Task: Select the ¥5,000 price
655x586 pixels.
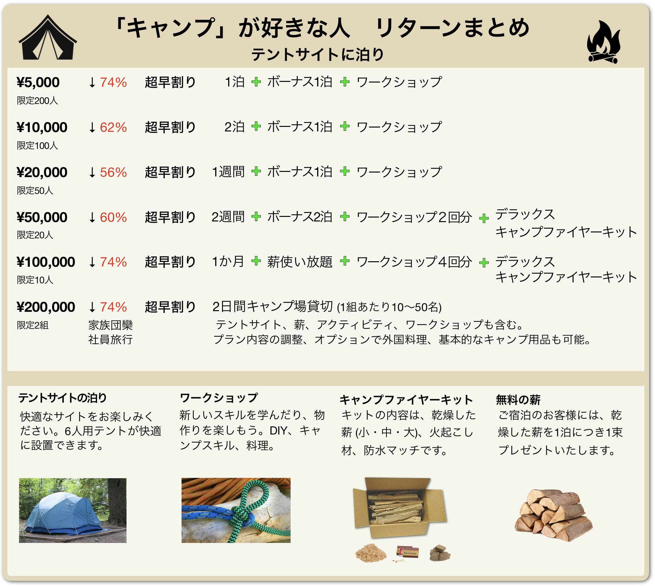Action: pos(38,83)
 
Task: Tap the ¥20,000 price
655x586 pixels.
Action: pos(42,172)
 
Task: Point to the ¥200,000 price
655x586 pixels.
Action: pos(46,307)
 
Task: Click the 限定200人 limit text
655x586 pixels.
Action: pos(38,101)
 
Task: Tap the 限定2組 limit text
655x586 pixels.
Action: pos(33,325)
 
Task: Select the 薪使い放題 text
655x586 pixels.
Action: pos(300,262)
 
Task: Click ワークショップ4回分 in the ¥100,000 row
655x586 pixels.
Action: pos(414,262)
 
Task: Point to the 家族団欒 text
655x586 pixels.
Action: pos(111,325)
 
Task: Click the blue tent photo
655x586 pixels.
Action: pos(73,510)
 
